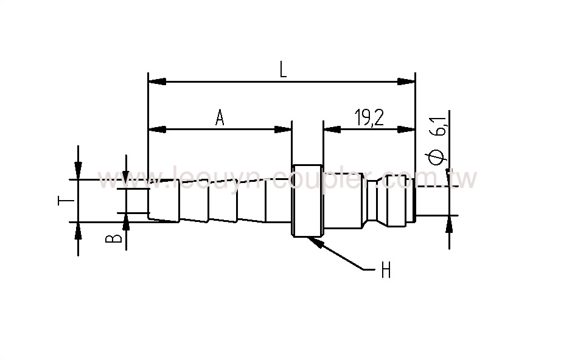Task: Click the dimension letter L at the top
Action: click(x=283, y=69)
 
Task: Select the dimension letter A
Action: click(x=220, y=118)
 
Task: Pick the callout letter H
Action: click(x=386, y=272)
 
